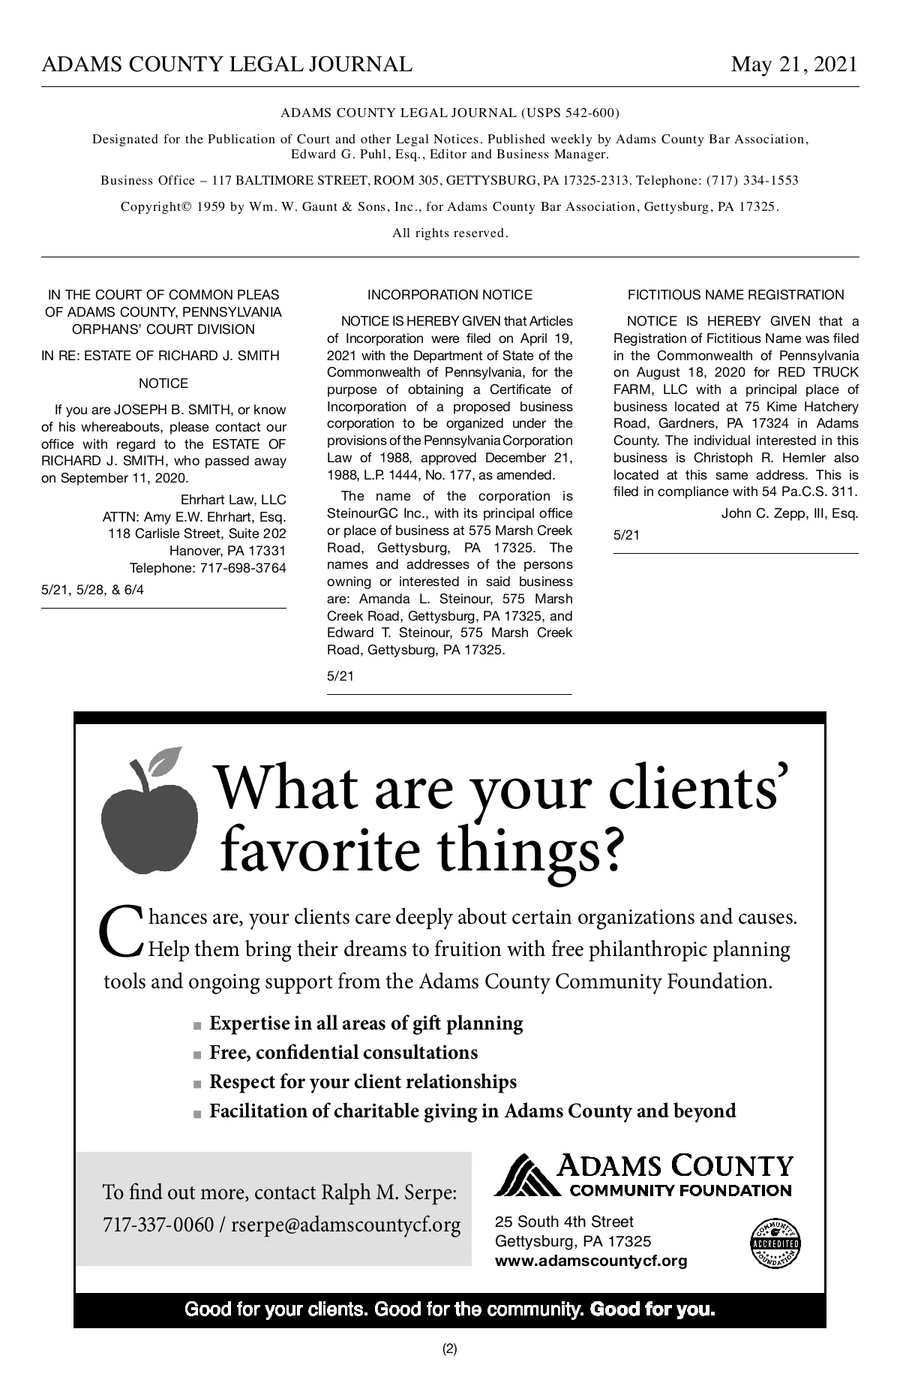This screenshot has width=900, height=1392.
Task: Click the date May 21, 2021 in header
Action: [x=794, y=65]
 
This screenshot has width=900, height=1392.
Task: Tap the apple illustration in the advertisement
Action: [x=149, y=822]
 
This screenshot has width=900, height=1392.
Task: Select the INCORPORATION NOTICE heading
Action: [x=449, y=295]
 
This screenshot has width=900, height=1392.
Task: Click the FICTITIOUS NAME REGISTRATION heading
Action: [x=736, y=295]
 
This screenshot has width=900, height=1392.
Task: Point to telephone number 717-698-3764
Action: [x=243, y=568]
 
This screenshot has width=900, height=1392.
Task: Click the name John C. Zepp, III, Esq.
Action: [x=789, y=513]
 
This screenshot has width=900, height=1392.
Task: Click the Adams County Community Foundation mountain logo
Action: [x=525, y=1176]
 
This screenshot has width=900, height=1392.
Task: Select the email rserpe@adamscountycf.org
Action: [x=346, y=1225]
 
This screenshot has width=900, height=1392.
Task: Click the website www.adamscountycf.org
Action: [x=591, y=1261]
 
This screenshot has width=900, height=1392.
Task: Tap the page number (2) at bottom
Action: [x=449, y=1348]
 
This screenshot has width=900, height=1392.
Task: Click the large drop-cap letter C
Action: [x=120, y=932]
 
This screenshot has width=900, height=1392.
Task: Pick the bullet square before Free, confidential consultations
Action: [x=197, y=1054]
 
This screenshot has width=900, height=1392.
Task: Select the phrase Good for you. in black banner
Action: [x=652, y=1310]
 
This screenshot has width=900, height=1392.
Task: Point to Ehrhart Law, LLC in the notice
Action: [x=233, y=500]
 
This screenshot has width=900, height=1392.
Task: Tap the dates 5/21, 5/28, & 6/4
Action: [x=92, y=590]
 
